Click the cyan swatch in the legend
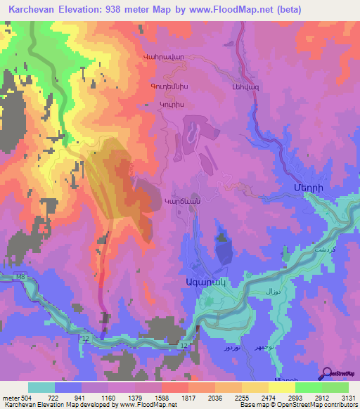[x=41, y=387]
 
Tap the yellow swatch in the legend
[x=281, y=387]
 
